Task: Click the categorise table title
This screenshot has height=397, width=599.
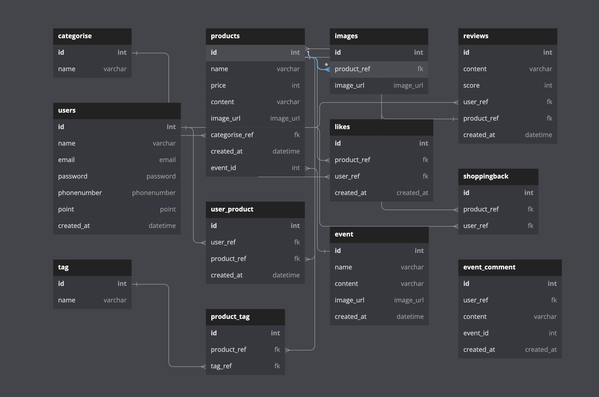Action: pos(75,36)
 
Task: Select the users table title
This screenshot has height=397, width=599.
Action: pos(67,110)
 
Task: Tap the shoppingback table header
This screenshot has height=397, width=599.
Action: pos(486,176)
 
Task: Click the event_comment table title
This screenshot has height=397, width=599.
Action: pos(489,267)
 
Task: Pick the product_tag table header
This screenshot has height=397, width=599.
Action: pos(230,317)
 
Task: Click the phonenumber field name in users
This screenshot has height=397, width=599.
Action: pos(80,193)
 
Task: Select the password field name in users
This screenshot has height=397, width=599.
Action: pos(73,176)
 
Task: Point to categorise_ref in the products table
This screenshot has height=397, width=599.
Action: pos(232,135)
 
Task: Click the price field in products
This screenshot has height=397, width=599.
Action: pos(218,85)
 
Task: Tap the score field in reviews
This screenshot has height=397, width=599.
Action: pos(471,85)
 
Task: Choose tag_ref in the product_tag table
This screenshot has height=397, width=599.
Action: pos(221,366)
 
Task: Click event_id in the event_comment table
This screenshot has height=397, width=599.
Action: pos(476,333)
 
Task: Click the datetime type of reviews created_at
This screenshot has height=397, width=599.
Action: pos(538,135)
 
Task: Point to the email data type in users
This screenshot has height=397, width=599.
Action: pos(167,160)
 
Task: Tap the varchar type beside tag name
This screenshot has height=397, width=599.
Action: pos(115,300)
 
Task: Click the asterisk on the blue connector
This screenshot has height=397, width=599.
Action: pos(326,65)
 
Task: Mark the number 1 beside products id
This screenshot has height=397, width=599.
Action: pos(308,53)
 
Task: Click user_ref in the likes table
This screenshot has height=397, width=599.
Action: pos(347,176)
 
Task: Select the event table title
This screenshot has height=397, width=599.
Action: pos(344,234)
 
